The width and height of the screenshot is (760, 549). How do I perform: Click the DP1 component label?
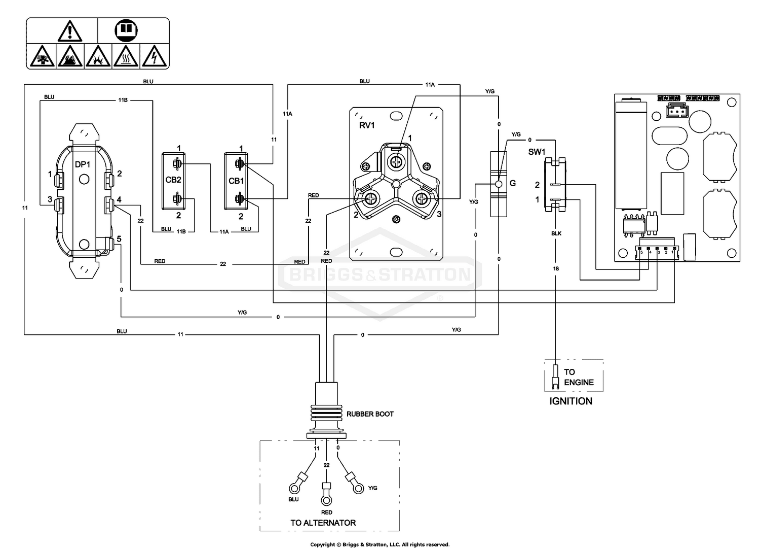tap(83, 165)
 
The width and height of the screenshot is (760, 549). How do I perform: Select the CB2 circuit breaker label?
tap(173, 180)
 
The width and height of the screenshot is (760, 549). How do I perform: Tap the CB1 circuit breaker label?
tap(236, 181)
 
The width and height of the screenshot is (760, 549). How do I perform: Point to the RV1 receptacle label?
tap(367, 125)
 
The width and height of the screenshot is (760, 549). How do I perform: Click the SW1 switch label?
tap(537, 152)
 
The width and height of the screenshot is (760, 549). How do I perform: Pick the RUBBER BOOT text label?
tap(370, 414)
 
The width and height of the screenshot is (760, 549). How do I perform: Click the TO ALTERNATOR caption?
tap(323, 523)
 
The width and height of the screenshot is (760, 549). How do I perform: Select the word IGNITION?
tap(571, 401)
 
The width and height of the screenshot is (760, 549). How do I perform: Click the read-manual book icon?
tap(126, 31)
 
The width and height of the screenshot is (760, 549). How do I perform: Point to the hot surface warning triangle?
tap(126, 57)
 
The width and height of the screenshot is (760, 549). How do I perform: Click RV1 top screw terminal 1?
tap(395, 161)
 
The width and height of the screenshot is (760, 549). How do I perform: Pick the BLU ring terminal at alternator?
tap(294, 489)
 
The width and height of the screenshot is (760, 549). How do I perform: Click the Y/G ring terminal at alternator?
tap(358, 489)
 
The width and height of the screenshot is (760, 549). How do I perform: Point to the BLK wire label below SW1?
tap(556, 233)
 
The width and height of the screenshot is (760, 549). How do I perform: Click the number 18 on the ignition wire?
tap(556, 268)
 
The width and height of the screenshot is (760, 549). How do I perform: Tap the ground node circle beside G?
tap(498, 184)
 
